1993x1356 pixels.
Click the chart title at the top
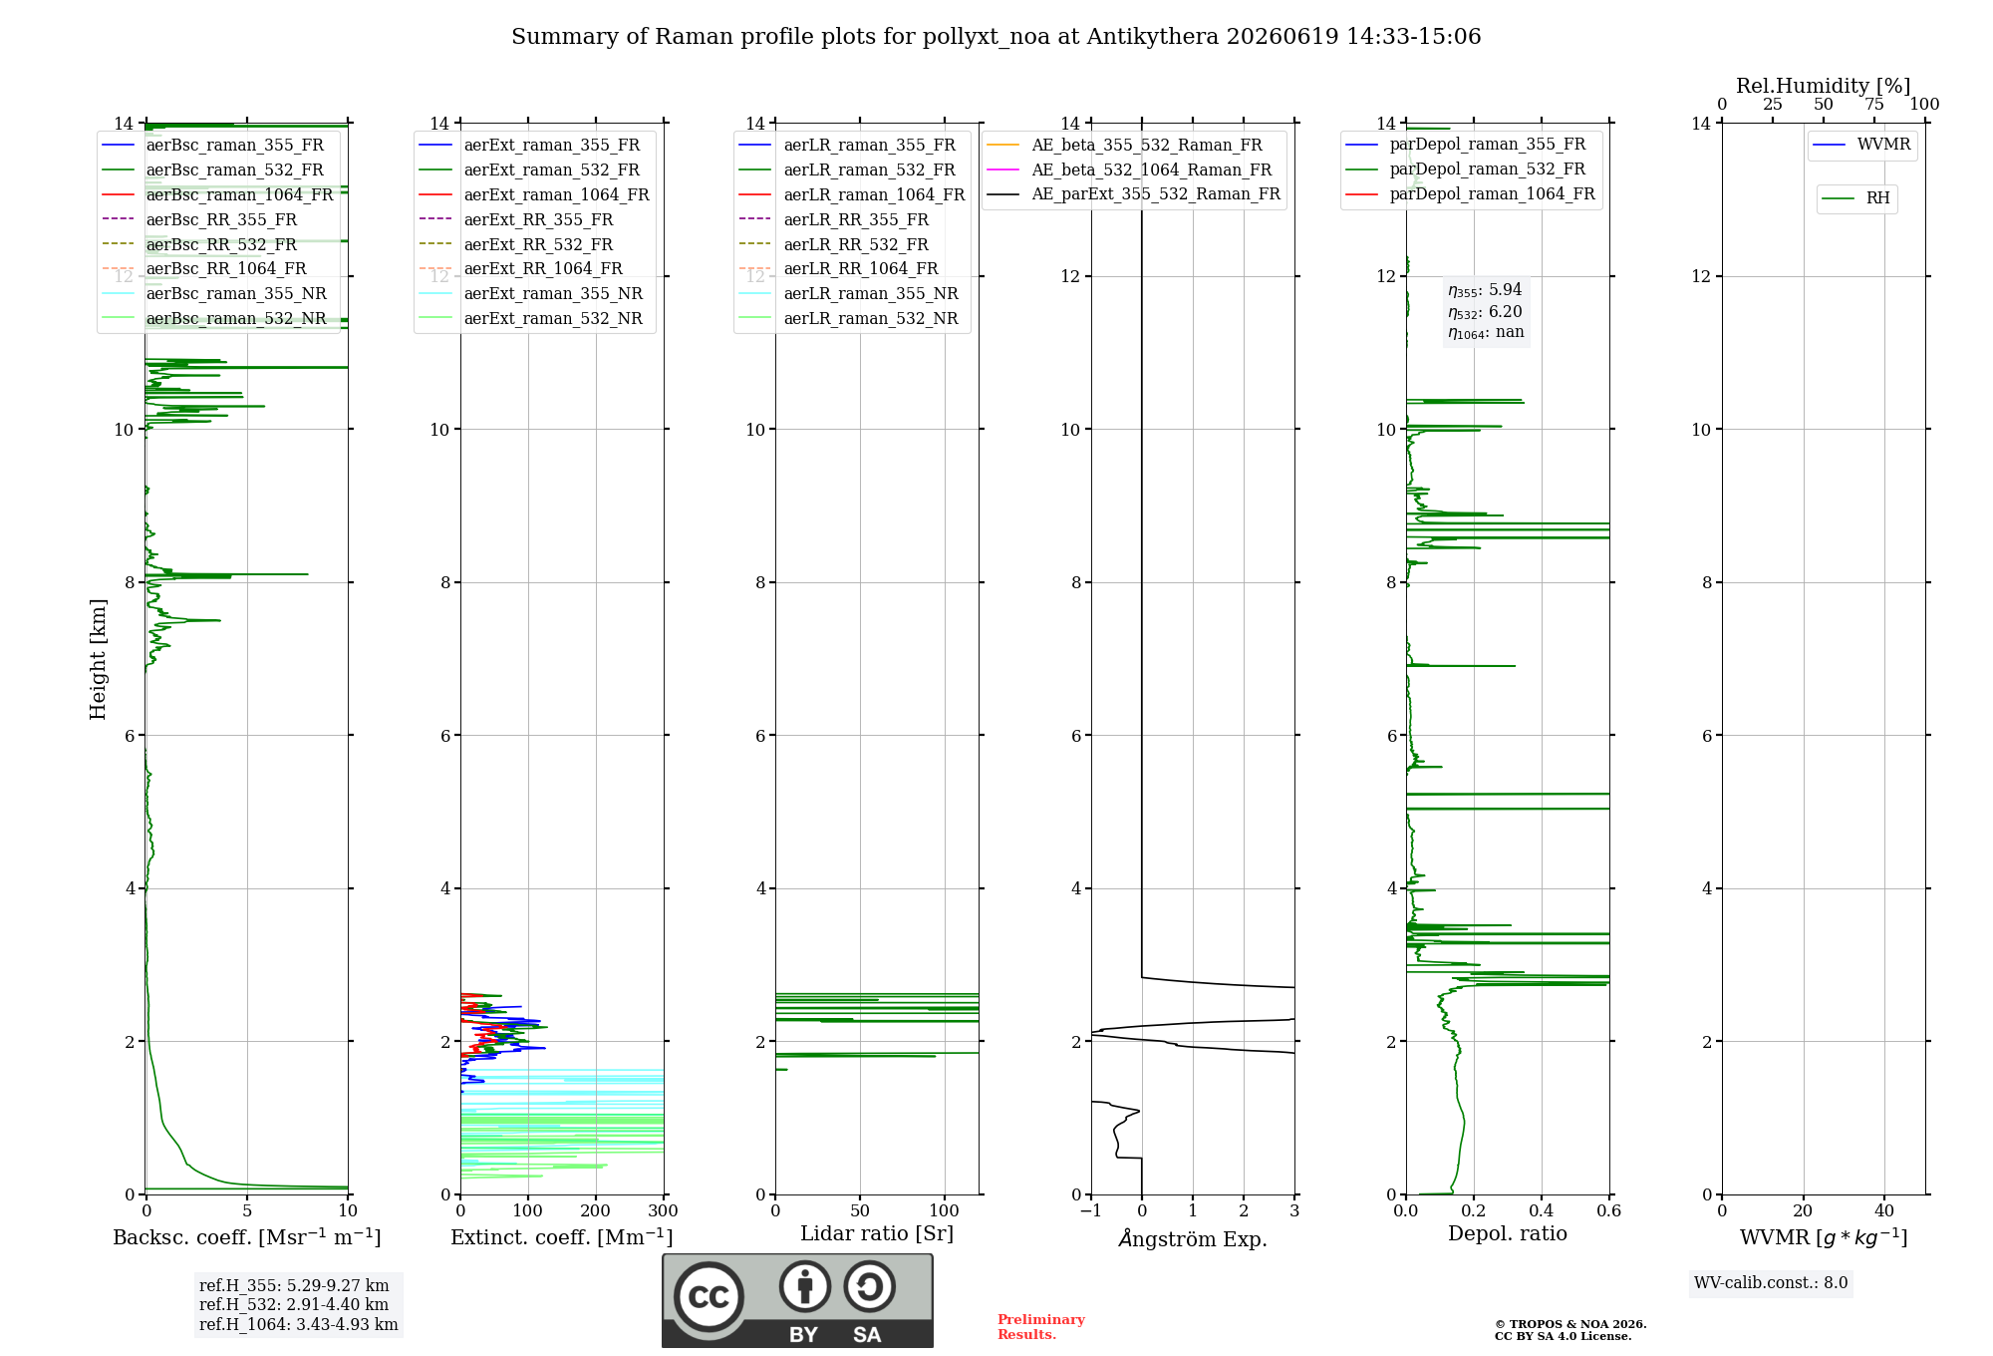996,37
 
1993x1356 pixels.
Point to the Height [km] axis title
98,659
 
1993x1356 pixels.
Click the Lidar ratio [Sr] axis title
877,1233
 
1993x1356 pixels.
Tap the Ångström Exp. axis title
1193,1238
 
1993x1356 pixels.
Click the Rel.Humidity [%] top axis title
1824,86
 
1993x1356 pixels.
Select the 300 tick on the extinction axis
663,1211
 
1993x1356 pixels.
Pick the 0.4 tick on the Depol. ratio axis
1542,1211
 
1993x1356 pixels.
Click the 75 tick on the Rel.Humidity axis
1874,105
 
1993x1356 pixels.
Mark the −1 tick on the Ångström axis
1091,1211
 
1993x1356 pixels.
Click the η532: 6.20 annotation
1485,311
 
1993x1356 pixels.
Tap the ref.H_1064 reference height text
299,1325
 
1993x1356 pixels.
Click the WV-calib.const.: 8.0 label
1771,1283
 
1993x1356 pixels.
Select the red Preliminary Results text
1041,1327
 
